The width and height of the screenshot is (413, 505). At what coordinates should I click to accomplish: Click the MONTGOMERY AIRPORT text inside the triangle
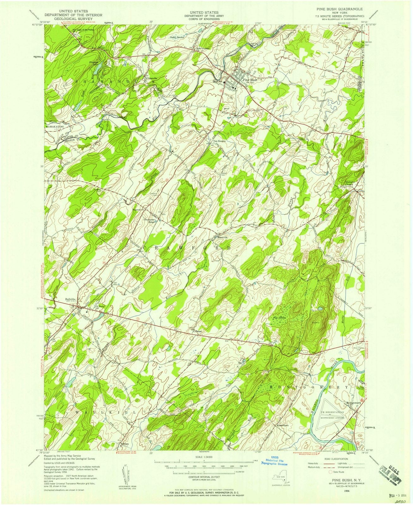pos(332,417)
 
